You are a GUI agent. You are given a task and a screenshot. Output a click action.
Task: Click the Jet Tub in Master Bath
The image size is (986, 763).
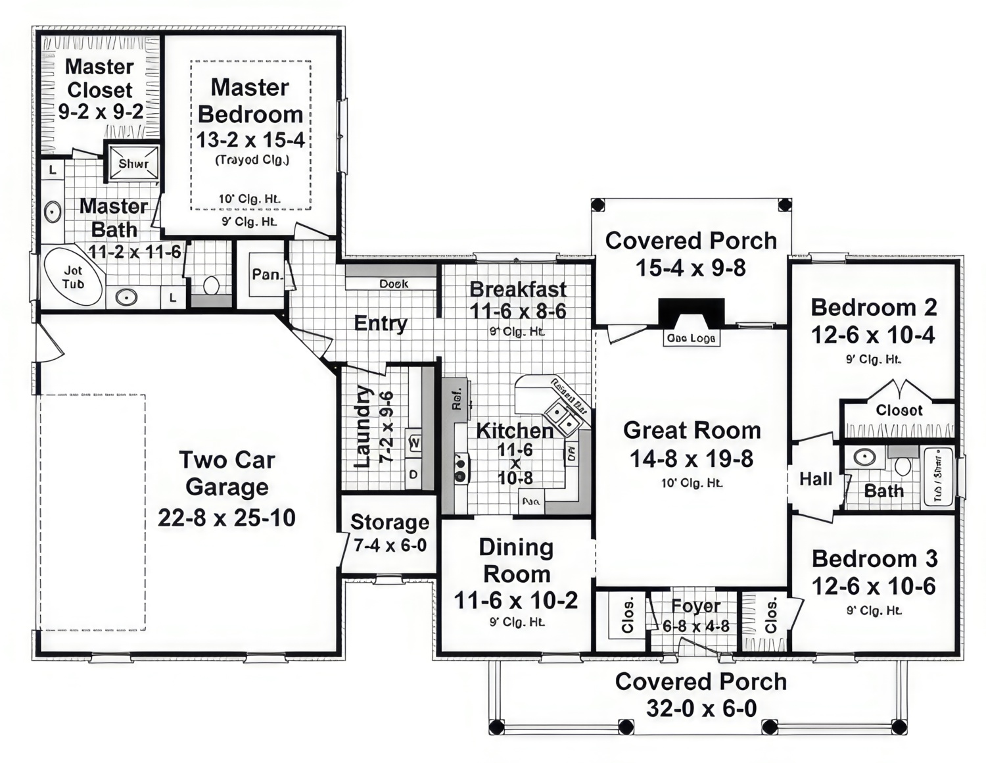[x=73, y=278]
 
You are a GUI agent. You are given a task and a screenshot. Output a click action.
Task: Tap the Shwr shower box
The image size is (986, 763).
[x=133, y=163]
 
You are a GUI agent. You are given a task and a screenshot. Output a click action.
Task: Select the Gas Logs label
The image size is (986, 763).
[x=691, y=338]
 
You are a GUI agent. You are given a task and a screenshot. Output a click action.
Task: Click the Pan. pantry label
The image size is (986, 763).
[x=266, y=274]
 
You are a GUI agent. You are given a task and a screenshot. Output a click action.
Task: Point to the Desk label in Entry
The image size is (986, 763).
[x=393, y=283]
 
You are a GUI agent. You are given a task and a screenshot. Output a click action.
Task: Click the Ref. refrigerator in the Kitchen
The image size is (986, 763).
[x=456, y=397]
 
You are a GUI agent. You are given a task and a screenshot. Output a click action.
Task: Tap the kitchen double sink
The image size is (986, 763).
[x=560, y=417]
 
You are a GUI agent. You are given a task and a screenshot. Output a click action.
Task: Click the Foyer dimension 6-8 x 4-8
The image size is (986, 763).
[x=695, y=626]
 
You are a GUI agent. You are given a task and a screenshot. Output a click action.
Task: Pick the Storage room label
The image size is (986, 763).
[x=389, y=522]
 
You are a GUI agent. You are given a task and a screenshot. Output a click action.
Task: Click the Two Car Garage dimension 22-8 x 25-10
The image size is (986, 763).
[x=226, y=518]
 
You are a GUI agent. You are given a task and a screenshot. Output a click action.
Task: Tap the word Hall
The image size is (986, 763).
[x=815, y=479]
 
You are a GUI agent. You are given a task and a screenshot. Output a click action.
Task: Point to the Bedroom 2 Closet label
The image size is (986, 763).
[x=899, y=410]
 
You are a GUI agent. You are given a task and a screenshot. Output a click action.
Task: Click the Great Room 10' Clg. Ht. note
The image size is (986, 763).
[x=692, y=483]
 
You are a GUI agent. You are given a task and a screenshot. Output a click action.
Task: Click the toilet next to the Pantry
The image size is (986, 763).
[x=211, y=285]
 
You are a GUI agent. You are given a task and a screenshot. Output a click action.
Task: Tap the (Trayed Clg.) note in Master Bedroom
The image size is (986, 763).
[x=252, y=160]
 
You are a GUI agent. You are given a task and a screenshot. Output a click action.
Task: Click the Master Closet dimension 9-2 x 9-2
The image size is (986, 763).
[x=101, y=112]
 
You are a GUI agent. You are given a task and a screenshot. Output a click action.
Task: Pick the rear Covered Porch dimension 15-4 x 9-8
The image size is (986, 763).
[x=690, y=268]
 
